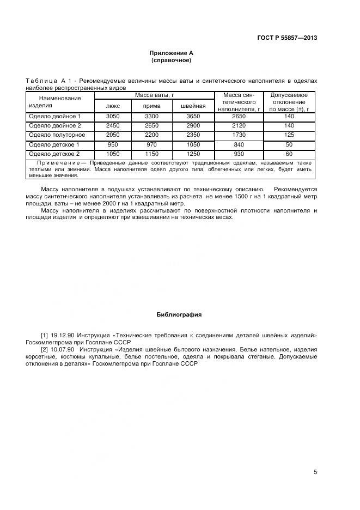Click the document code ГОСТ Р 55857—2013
(286, 38)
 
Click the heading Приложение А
(172, 53)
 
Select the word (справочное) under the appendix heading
(172, 60)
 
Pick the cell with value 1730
(240, 135)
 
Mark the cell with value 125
(289, 135)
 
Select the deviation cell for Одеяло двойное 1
(289, 116)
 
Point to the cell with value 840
(240, 144)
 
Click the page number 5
(315, 472)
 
